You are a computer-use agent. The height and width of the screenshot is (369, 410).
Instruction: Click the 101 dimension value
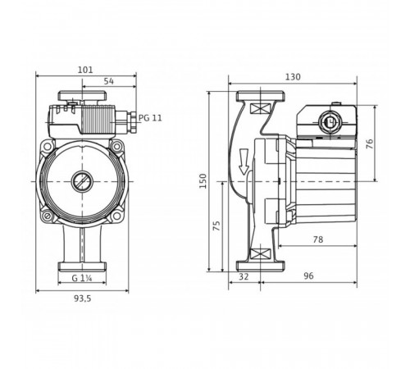click(85, 70)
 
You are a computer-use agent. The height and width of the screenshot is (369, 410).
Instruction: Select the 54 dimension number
click(109, 81)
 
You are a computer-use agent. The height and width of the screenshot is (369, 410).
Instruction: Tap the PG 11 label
click(150, 118)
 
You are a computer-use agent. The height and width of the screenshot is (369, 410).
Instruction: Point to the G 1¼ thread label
click(82, 278)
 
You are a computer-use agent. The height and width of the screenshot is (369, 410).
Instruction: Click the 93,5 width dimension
click(82, 298)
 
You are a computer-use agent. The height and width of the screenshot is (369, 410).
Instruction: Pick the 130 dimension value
click(293, 77)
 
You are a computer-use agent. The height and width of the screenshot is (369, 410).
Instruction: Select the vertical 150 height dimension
click(203, 180)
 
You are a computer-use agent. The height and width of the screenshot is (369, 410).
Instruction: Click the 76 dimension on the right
click(369, 143)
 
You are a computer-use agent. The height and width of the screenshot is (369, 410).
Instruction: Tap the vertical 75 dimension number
click(216, 225)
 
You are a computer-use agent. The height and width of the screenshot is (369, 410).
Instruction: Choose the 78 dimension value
click(318, 239)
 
